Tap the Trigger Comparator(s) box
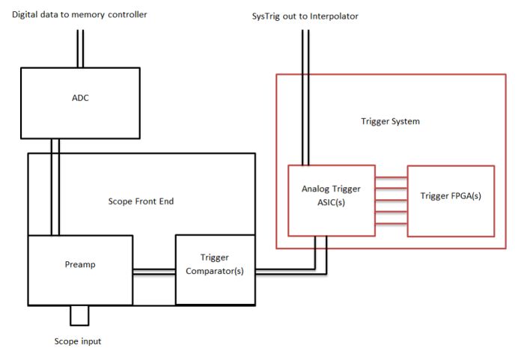tap(214, 269)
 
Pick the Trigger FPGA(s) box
tap(451, 201)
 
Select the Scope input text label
tap(79, 341)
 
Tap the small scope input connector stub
tap(79, 316)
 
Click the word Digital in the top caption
tap(28, 14)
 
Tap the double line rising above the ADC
tap(79, 49)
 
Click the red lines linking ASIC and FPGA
tap(390, 201)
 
